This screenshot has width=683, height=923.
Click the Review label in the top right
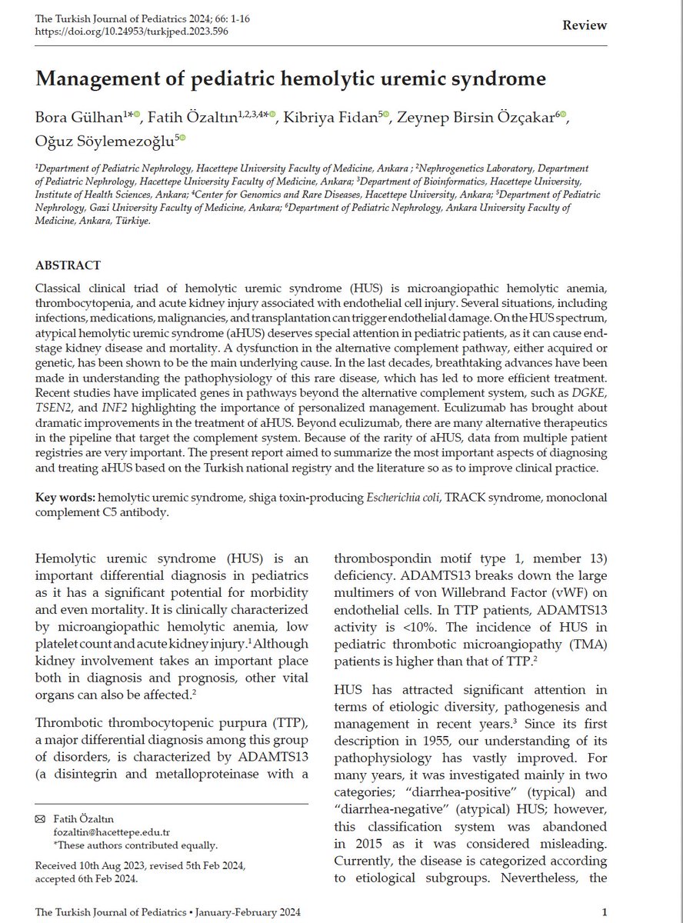point(585,25)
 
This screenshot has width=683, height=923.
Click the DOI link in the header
point(132,31)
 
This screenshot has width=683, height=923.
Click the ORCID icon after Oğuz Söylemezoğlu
point(182,139)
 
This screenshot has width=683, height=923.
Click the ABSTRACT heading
point(68,265)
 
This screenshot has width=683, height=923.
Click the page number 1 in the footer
point(605,912)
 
